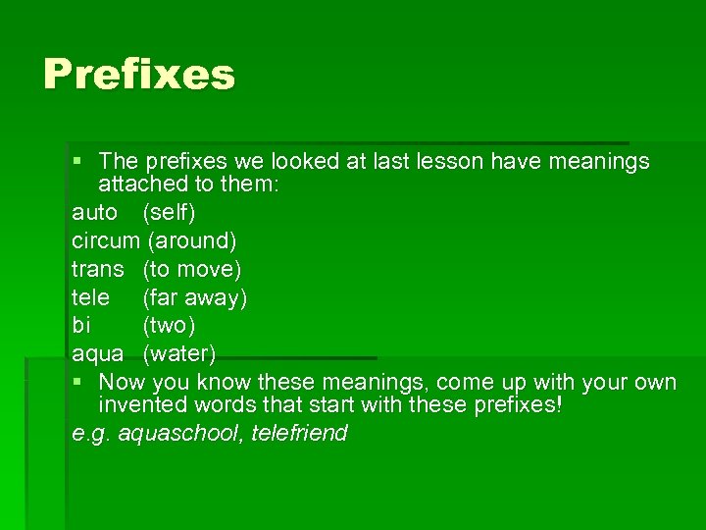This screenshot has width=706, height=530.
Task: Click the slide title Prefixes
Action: [139, 75]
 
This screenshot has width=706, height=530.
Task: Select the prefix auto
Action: [95, 212]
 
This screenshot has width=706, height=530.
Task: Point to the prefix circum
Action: [106, 240]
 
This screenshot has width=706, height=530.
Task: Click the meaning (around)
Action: [191, 240]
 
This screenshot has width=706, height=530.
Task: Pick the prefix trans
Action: [98, 269]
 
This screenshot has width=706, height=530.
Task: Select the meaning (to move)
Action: [192, 269]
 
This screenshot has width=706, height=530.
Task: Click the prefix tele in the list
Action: [90, 297]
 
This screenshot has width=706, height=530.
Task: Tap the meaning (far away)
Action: [195, 297]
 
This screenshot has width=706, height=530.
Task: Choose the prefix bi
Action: [80, 325]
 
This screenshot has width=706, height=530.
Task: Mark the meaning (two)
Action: [169, 325]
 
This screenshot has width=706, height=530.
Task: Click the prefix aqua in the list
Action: [98, 353]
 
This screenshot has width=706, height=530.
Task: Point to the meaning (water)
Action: [179, 353]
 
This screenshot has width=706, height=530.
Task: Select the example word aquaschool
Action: [179, 434]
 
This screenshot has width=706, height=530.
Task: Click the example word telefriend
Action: [300, 434]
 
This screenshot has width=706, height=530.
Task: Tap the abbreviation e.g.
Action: [91, 434]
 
